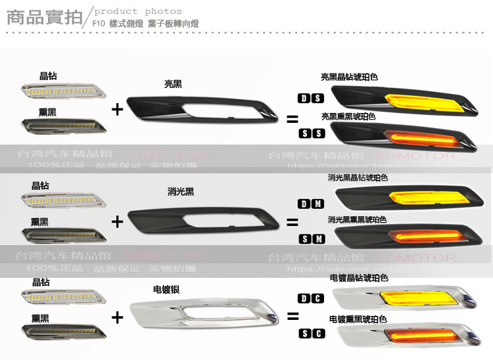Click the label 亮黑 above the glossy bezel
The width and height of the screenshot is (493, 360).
173,84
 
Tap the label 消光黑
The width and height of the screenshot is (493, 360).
181,192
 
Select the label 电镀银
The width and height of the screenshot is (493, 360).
166,288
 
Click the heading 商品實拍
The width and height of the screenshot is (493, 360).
44,18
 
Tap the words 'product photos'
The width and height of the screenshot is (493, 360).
137,11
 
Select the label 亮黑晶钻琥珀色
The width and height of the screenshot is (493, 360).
349,77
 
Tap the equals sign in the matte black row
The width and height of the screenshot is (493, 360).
292,223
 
